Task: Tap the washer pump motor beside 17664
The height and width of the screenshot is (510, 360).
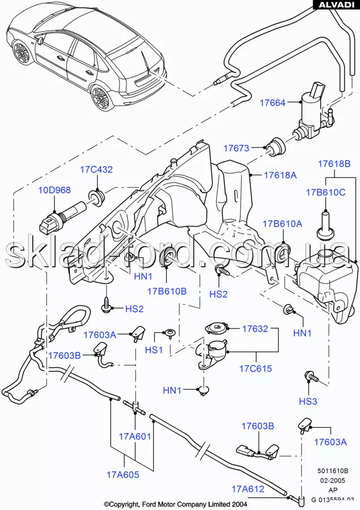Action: [312, 110]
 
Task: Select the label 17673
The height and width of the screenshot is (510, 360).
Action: [236, 148]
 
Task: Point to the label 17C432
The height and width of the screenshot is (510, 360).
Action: [96, 170]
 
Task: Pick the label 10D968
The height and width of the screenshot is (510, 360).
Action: [55, 190]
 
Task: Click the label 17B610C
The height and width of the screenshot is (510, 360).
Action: [325, 192]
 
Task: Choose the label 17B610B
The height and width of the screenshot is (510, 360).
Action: [167, 291]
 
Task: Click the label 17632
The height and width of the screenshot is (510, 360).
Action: [254, 328]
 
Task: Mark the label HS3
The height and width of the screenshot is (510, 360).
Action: [307, 401]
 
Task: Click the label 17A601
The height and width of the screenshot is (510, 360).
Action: [135, 436]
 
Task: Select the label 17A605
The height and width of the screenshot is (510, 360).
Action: [122, 474]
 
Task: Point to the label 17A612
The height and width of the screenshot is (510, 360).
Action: [247, 489]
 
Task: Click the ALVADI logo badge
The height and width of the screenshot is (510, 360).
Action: [336, 5]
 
